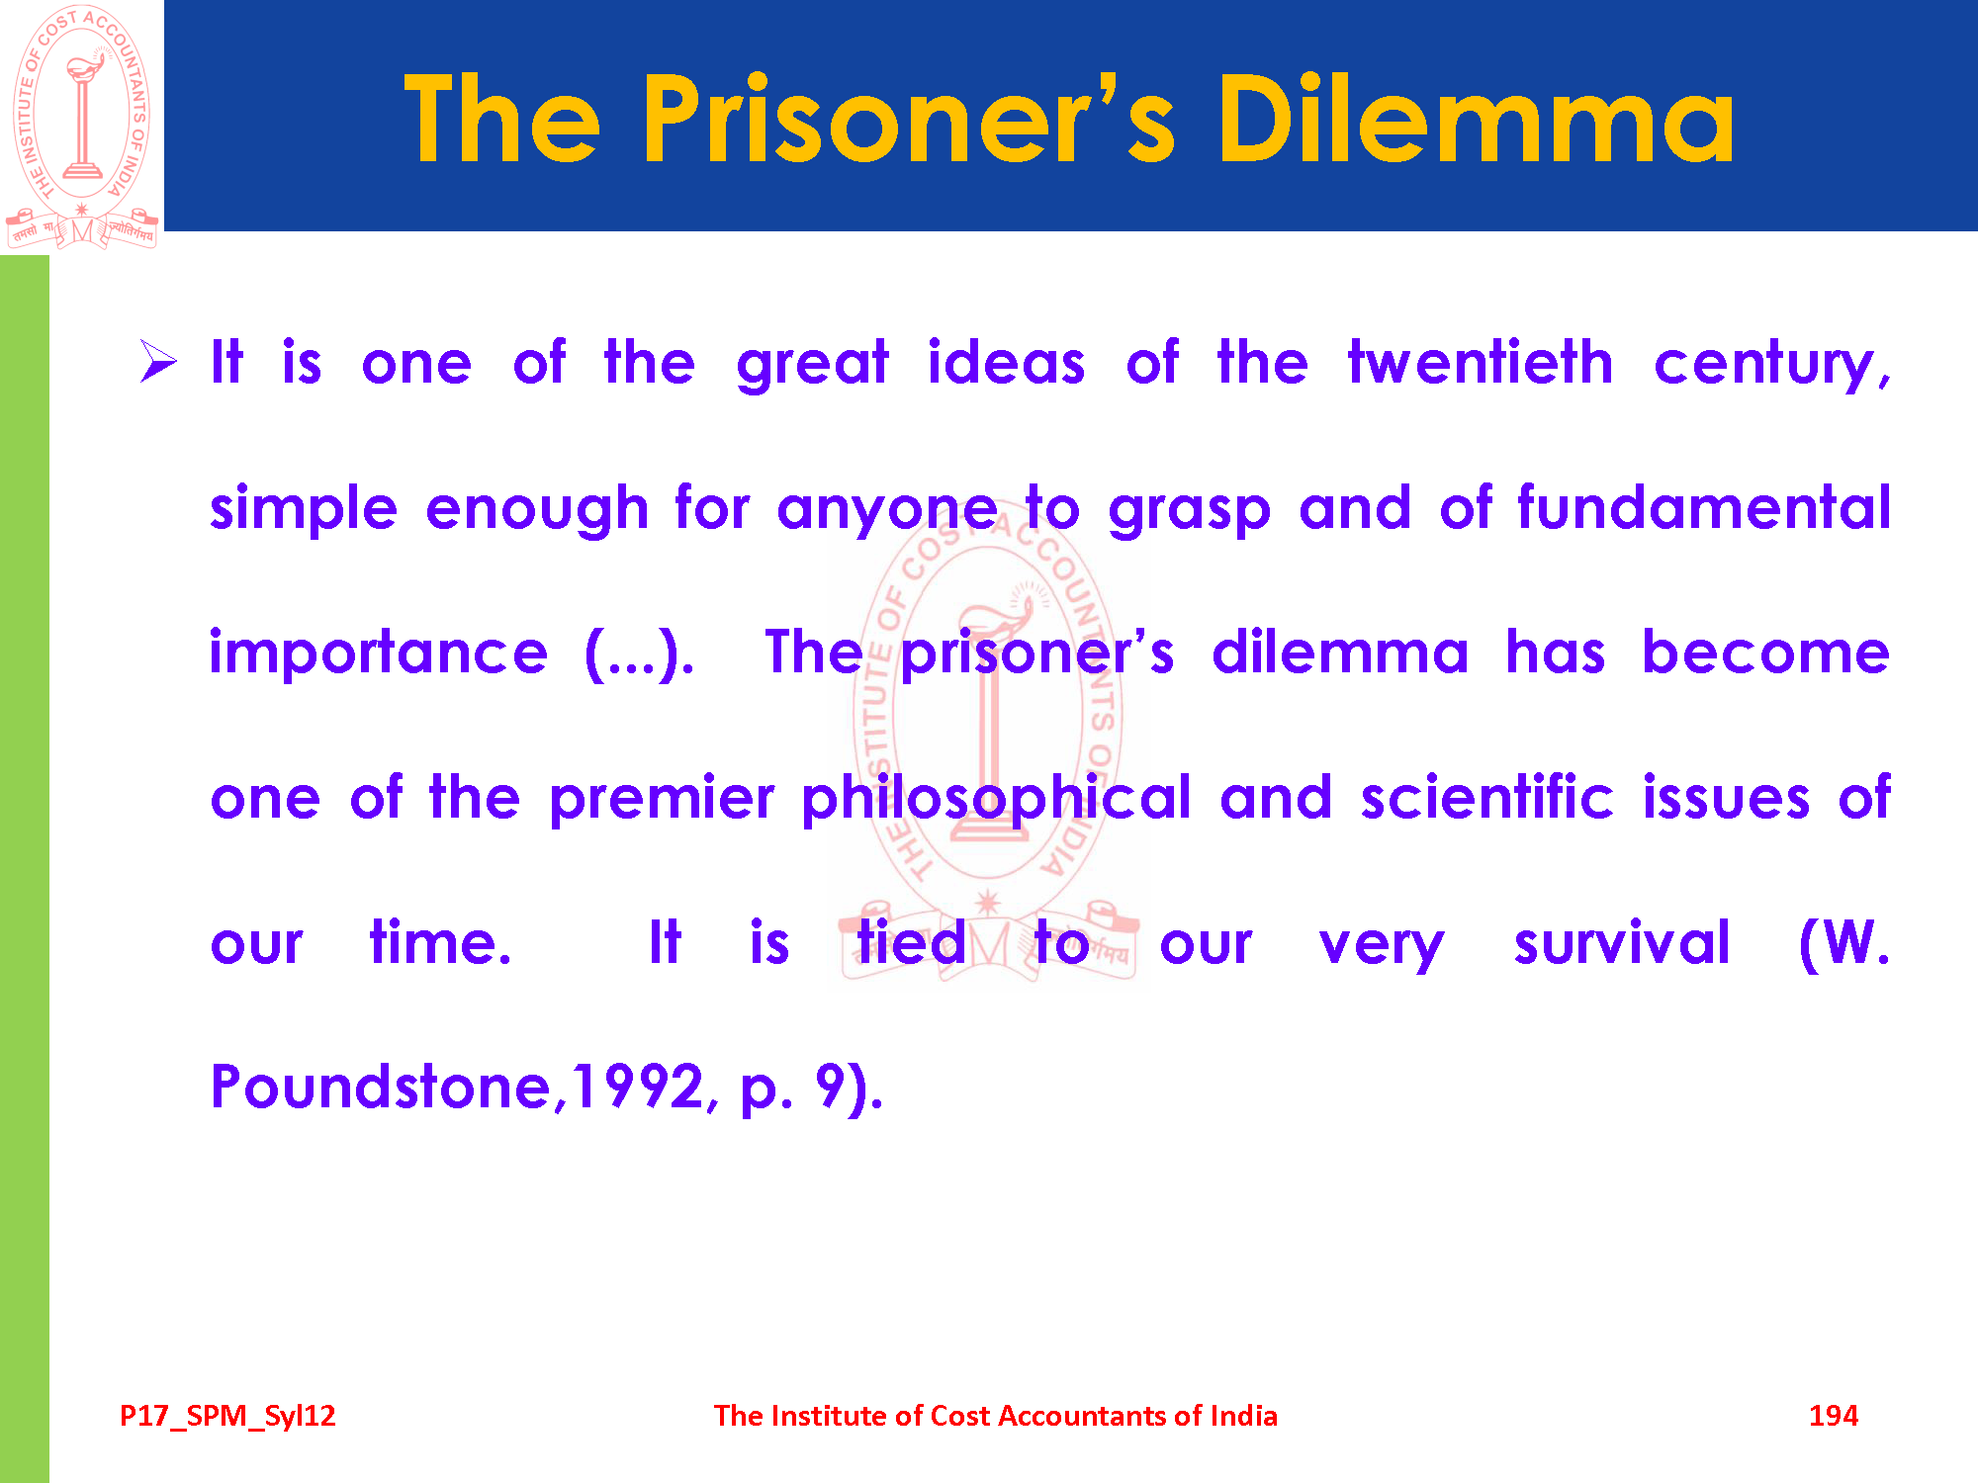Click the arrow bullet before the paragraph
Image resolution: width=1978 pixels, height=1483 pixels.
(158, 361)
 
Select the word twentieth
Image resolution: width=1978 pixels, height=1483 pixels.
(1480, 362)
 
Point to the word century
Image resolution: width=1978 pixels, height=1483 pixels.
(1772, 366)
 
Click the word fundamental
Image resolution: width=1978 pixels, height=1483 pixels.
(1704, 507)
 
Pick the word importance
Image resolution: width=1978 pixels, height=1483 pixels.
(379, 654)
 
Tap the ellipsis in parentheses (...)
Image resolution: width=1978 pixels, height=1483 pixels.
(639, 654)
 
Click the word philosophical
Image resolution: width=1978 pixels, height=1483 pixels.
(997, 799)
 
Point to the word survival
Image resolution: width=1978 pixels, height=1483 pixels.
(1622, 942)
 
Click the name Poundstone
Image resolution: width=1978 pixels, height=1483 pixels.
(381, 1088)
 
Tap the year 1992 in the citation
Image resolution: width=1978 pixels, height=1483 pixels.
(639, 1088)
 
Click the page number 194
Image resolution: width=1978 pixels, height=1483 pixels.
(1834, 1416)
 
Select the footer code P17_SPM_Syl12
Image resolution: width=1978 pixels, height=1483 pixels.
(227, 1417)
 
